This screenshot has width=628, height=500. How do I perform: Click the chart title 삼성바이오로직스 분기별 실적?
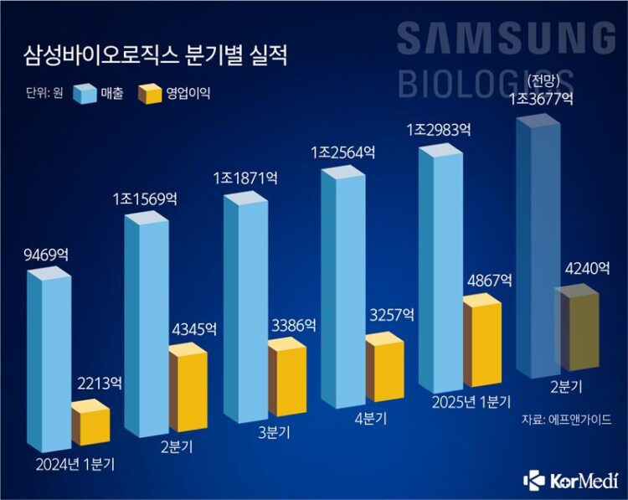click(x=155, y=58)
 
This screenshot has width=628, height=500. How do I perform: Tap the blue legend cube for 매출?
click(x=86, y=94)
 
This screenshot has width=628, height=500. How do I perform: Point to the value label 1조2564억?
click(x=345, y=154)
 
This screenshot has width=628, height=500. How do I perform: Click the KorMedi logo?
click(x=571, y=479)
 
